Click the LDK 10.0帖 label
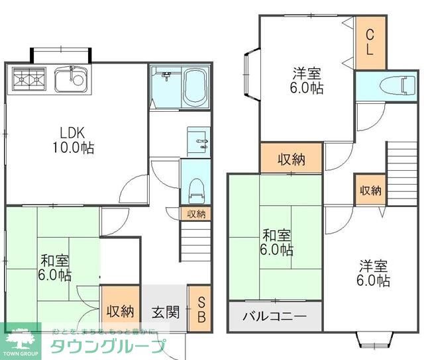(x=73, y=140)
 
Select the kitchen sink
(x=70, y=81)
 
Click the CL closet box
(x=369, y=42)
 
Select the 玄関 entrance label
(x=166, y=310)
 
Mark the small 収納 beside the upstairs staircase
(x=370, y=191)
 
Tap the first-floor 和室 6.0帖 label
(x=54, y=267)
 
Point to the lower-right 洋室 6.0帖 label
(x=374, y=273)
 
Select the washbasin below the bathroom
(x=198, y=140)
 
